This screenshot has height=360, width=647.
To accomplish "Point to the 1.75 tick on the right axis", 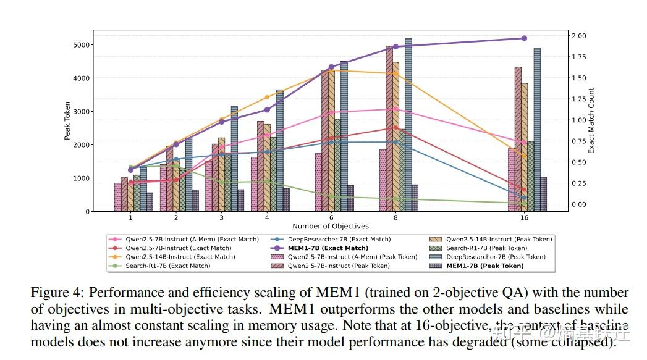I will pos(578,57).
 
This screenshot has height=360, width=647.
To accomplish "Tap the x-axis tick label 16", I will pos(524,218).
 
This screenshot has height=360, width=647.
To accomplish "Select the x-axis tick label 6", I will pos(332,218).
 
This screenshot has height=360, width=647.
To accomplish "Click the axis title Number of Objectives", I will pos(330,227).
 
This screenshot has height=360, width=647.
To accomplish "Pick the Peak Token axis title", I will pos(67,120).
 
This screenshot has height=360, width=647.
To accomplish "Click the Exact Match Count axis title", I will pos(591,120).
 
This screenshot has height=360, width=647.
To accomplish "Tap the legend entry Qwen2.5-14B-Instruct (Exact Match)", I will pos(180,257).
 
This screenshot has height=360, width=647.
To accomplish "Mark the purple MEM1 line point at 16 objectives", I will pos(524,38).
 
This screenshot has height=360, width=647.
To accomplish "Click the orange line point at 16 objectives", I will pos(524,157).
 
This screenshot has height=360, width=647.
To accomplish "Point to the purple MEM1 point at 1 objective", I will pos(130,170).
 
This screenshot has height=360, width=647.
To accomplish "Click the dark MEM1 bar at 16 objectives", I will pos(543,194).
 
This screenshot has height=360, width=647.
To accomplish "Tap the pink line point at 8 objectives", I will pos(395,109).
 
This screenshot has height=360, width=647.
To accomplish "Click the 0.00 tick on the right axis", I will pos(578,204).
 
